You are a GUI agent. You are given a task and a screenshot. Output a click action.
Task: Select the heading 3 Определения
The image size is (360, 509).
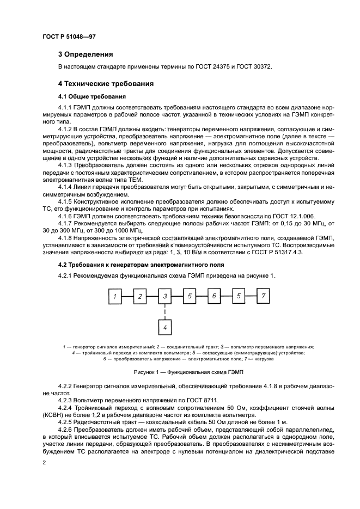point(86,54)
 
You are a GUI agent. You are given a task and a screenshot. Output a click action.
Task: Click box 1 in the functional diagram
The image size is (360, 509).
point(115,297)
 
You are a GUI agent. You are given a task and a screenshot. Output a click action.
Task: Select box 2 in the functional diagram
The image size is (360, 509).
point(140,297)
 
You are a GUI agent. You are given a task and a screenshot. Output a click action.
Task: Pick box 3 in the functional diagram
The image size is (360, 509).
point(165,297)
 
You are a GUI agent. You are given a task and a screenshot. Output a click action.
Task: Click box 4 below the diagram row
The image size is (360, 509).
point(165,327)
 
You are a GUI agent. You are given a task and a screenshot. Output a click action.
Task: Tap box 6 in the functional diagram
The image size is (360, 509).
point(214,297)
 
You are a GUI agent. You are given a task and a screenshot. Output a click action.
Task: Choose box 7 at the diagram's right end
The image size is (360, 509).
point(263,297)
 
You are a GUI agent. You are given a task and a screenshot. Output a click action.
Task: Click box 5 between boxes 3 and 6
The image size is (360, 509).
point(190,297)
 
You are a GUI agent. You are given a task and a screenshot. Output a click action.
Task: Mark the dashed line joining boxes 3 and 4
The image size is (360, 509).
point(165,312)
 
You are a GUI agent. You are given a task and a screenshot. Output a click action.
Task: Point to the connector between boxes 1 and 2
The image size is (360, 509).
point(127,297)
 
